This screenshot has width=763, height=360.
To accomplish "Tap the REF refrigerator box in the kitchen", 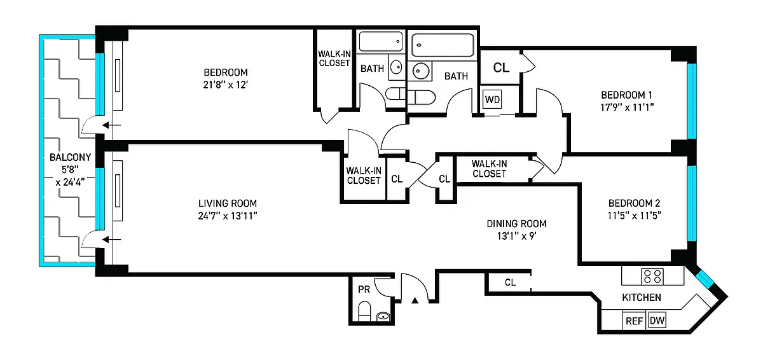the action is tap(634, 321).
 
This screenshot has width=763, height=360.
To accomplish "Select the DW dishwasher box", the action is tap(656, 321).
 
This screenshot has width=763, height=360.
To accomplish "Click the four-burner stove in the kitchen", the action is tap(652, 276).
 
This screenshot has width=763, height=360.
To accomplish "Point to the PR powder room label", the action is tap(364, 289).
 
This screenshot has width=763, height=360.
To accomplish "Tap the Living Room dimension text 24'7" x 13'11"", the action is tap(228, 216).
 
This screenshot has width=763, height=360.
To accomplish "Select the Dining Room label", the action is tap(516, 223).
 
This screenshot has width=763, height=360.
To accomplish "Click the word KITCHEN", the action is tap(641, 297).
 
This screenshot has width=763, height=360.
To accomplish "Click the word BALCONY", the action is tap(70, 158).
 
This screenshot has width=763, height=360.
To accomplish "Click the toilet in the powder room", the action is tap(365, 312).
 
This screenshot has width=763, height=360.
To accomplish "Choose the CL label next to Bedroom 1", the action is tap(501, 68).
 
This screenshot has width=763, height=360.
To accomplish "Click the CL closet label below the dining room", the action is tap(510, 282).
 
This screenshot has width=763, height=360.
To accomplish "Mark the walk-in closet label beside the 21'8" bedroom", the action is tap(334, 58).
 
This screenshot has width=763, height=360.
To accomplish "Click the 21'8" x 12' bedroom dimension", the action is tap(226, 85).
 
